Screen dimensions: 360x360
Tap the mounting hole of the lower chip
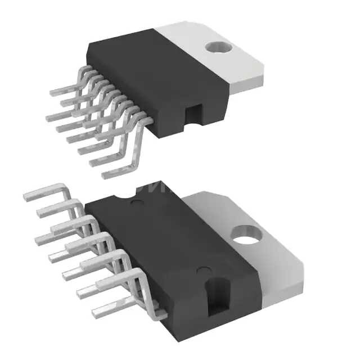coord(246,235)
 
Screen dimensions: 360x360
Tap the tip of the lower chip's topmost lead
coord(25,196)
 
